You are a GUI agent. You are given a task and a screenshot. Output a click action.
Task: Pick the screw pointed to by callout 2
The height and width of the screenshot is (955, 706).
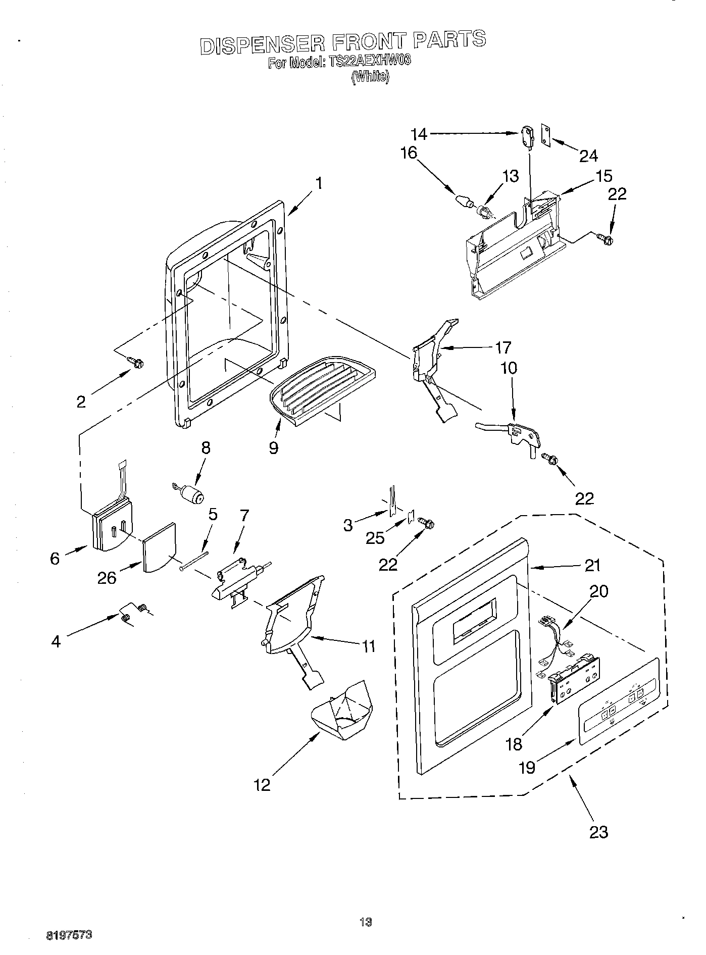click(136, 362)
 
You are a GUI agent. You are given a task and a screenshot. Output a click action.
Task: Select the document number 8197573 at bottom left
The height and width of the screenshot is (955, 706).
click(69, 935)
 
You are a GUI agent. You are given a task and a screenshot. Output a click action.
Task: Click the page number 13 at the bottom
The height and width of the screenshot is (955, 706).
click(366, 922)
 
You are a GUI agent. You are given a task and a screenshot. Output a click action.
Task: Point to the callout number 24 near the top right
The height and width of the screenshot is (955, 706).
click(588, 156)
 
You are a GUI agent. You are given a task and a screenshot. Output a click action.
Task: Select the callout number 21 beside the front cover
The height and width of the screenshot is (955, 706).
click(592, 565)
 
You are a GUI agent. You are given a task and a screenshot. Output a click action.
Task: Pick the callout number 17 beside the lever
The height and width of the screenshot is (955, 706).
click(503, 347)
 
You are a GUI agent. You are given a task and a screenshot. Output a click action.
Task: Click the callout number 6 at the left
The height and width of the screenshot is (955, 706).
click(55, 558)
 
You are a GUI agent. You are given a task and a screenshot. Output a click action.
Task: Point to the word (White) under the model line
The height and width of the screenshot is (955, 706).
click(371, 77)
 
